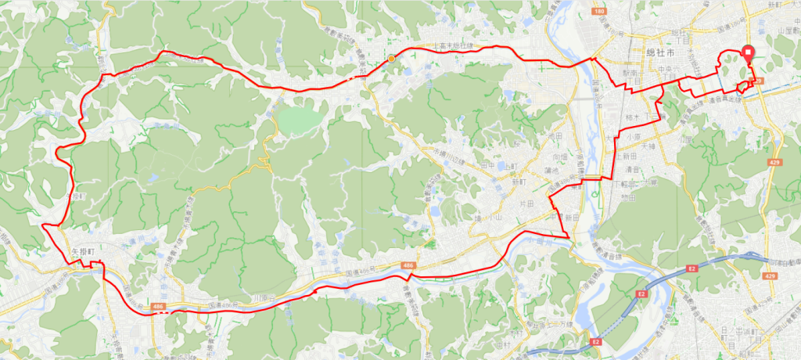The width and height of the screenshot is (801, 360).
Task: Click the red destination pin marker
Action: coord(748,53)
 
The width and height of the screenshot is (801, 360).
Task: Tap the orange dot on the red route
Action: coord(390,58)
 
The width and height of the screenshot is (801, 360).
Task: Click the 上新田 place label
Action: coord(627,157)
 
